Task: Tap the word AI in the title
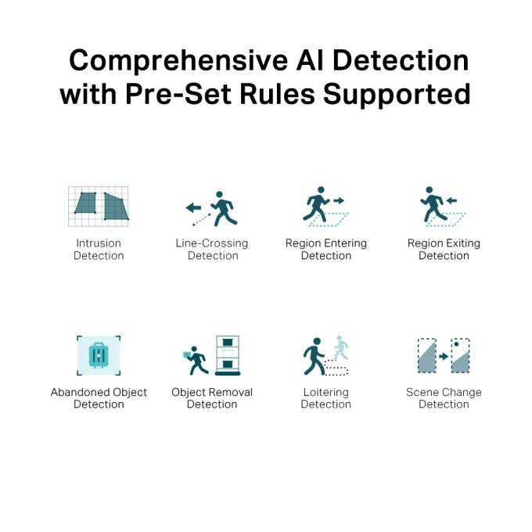pyautogui.click(x=310, y=60)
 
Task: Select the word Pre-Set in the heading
pyautogui.click(x=179, y=94)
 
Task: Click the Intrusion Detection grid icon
pyautogui.click(x=99, y=207)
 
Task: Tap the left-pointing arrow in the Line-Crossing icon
pyautogui.click(x=193, y=207)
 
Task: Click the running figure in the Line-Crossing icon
pyautogui.click(x=224, y=209)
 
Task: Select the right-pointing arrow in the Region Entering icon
pyautogui.click(x=339, y=200)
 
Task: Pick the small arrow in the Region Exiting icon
pyautogui.click(x=451, y=200)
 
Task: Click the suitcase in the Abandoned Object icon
pyautogui.click(x=99, y=355)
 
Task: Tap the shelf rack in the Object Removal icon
pyautogui.click(x=228, y=355)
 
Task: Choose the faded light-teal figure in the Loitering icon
pyautogui.click(x=340, y=348)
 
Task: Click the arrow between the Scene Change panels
pyautogui.click(x=444, y=356)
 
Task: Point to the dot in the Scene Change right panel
pyautogui.click(x=456, y=344)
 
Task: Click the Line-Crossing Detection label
pyautogui.click(x=212, y=250)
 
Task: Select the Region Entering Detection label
pyautogui.click(x=326, y=250)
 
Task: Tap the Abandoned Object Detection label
pyautogui.click(x=99, y=398)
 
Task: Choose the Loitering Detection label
pyautogui.click(x=325, y=398)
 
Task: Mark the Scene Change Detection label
pyautogui.click(x=444, y=398)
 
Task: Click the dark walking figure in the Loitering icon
pyautogui.click(x=314, y=356)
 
